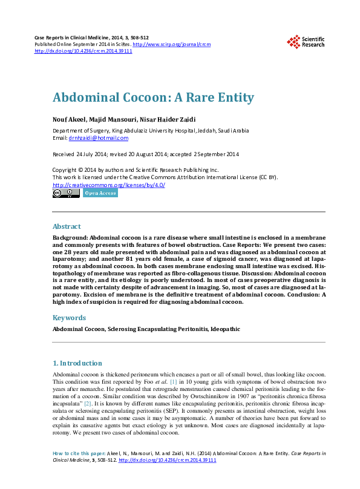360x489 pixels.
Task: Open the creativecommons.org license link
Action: (x=109, y=185)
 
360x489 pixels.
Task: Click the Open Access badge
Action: (x=100, y=193)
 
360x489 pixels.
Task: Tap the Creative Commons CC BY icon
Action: (x=66, y=193)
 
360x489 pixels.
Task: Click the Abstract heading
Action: (x=67, y=226)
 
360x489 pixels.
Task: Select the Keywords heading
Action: (x=69, y=318)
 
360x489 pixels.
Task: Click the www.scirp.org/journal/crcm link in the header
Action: (x=171, y=45)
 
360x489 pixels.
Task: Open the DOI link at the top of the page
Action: (x=83, y=51)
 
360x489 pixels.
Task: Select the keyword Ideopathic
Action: (x=222, y=330)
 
